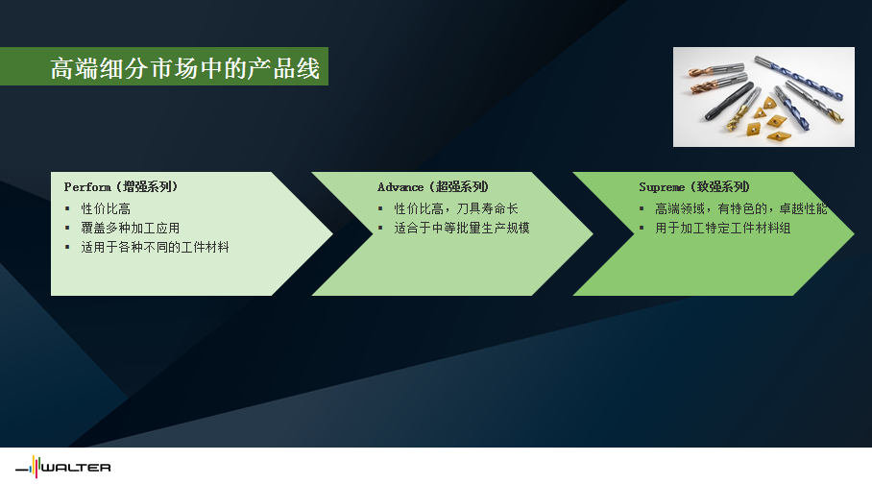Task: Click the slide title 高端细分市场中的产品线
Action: (x=185, y=68)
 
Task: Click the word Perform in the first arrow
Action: (x=87, y=187)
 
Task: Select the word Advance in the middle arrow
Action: (x=400, y=187)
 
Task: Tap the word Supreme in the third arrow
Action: (x=662, y=187)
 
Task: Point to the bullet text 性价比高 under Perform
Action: (x=106, y=208)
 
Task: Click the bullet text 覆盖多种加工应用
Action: (x=131, y=228)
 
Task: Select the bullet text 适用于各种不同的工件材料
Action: (x=156, y=247)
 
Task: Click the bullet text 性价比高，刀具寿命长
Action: (x=456, y=208)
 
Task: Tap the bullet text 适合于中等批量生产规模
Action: (x=462, y=228)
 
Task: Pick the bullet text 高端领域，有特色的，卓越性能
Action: (x=741, y=208)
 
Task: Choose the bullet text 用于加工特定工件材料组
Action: (x=723, y=228)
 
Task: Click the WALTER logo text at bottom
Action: (x=76, y=468)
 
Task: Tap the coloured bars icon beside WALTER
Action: (x=35, y=467)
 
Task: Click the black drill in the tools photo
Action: (x=729, y=101)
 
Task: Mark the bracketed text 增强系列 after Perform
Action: (x=147, y=187)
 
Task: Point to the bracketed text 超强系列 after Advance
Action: (x=459, y=187)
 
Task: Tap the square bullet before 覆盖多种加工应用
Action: (x=67, y=228)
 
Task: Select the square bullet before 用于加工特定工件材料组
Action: (x=642, y=228)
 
